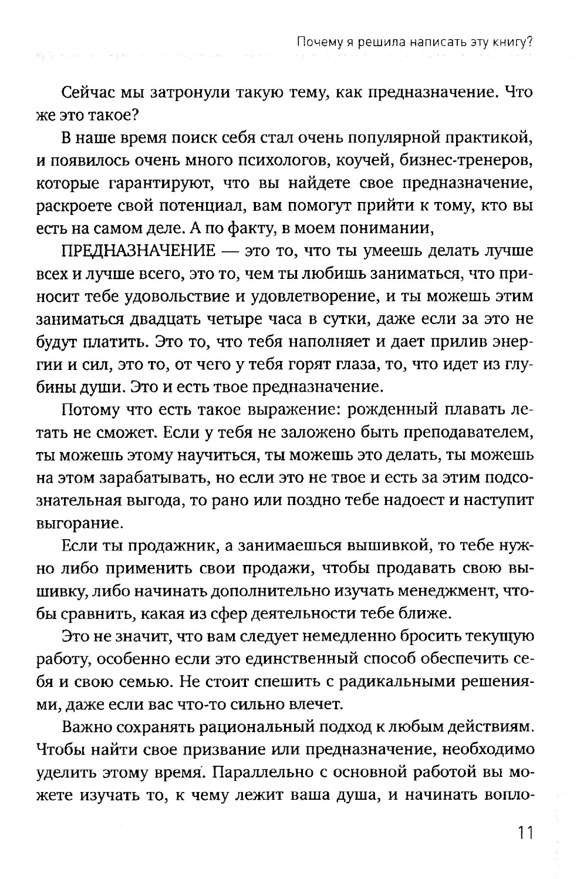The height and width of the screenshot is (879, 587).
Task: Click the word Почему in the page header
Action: (x=316, y=42)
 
